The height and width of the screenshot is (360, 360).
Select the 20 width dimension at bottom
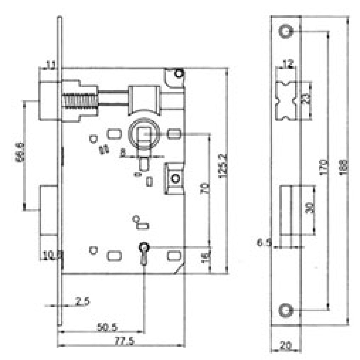pos(285,347)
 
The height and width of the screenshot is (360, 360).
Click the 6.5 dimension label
pos(264,243)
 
